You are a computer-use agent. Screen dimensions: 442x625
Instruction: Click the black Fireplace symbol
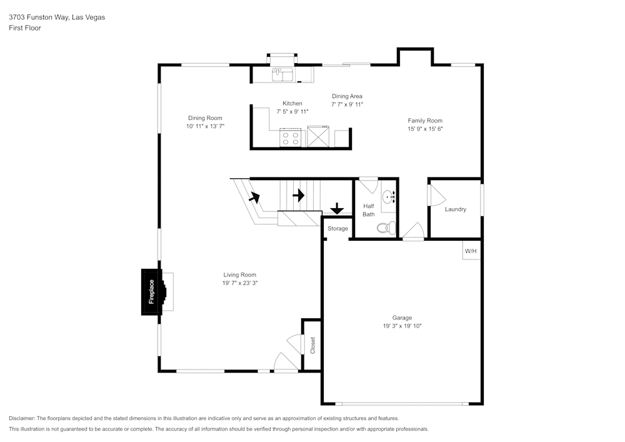coord(152,292)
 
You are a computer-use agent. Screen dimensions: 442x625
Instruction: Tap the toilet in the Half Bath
coord(386,228)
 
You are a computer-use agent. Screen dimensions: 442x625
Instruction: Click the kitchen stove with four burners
coord(290,138)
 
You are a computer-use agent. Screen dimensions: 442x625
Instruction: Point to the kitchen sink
coord(283,74)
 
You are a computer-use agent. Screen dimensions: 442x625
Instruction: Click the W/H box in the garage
coord(471,251)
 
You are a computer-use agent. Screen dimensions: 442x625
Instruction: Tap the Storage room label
coord(337,229)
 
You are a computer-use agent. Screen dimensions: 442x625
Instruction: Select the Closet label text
coord(312,345)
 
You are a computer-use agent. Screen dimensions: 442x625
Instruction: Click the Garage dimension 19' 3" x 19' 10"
coord(402,326)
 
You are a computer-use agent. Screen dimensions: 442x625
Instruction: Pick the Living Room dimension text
coord(240,283)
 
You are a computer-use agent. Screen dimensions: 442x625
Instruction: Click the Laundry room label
coord(455,209)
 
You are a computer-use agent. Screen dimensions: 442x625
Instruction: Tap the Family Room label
coord(425,121)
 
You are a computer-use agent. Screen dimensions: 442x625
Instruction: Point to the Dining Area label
coord(347,96)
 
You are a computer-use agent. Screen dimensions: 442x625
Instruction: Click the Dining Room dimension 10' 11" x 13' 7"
coord(205,126)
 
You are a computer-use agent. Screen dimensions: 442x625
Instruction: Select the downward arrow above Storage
coord(337,208)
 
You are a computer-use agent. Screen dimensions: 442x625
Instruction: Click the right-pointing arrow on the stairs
coord(298,195)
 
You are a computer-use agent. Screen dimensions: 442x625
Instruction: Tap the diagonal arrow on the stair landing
coord(254,198)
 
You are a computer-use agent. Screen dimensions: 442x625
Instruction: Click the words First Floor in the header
coord(25,28)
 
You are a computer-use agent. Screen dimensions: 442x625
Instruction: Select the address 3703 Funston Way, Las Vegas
coord(57,18)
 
